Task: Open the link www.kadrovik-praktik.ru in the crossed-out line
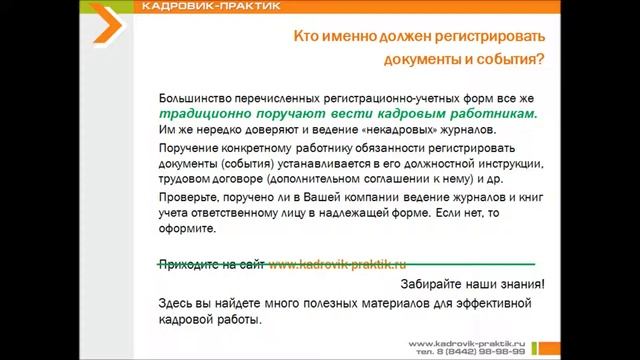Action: click(x=337, y=265)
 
